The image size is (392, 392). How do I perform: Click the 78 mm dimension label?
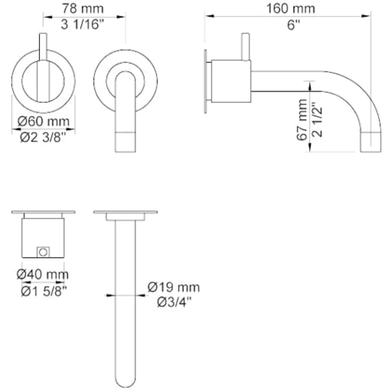click(x=83, y=9)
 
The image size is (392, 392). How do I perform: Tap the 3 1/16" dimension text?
click(x=83, y=25)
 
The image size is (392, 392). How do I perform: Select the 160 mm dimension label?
click(x=291, y=9)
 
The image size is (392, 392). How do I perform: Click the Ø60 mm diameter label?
click(x=44, y=122)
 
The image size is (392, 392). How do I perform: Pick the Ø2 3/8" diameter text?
click(x=43, y=137)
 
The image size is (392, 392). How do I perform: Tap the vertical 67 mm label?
click(x=302, y=120)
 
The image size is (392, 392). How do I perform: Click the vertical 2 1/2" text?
click(x=317, y=119)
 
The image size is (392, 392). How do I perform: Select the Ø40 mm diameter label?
click(x=43, y=274)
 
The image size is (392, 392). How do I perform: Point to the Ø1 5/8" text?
click(x=44, y=291)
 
